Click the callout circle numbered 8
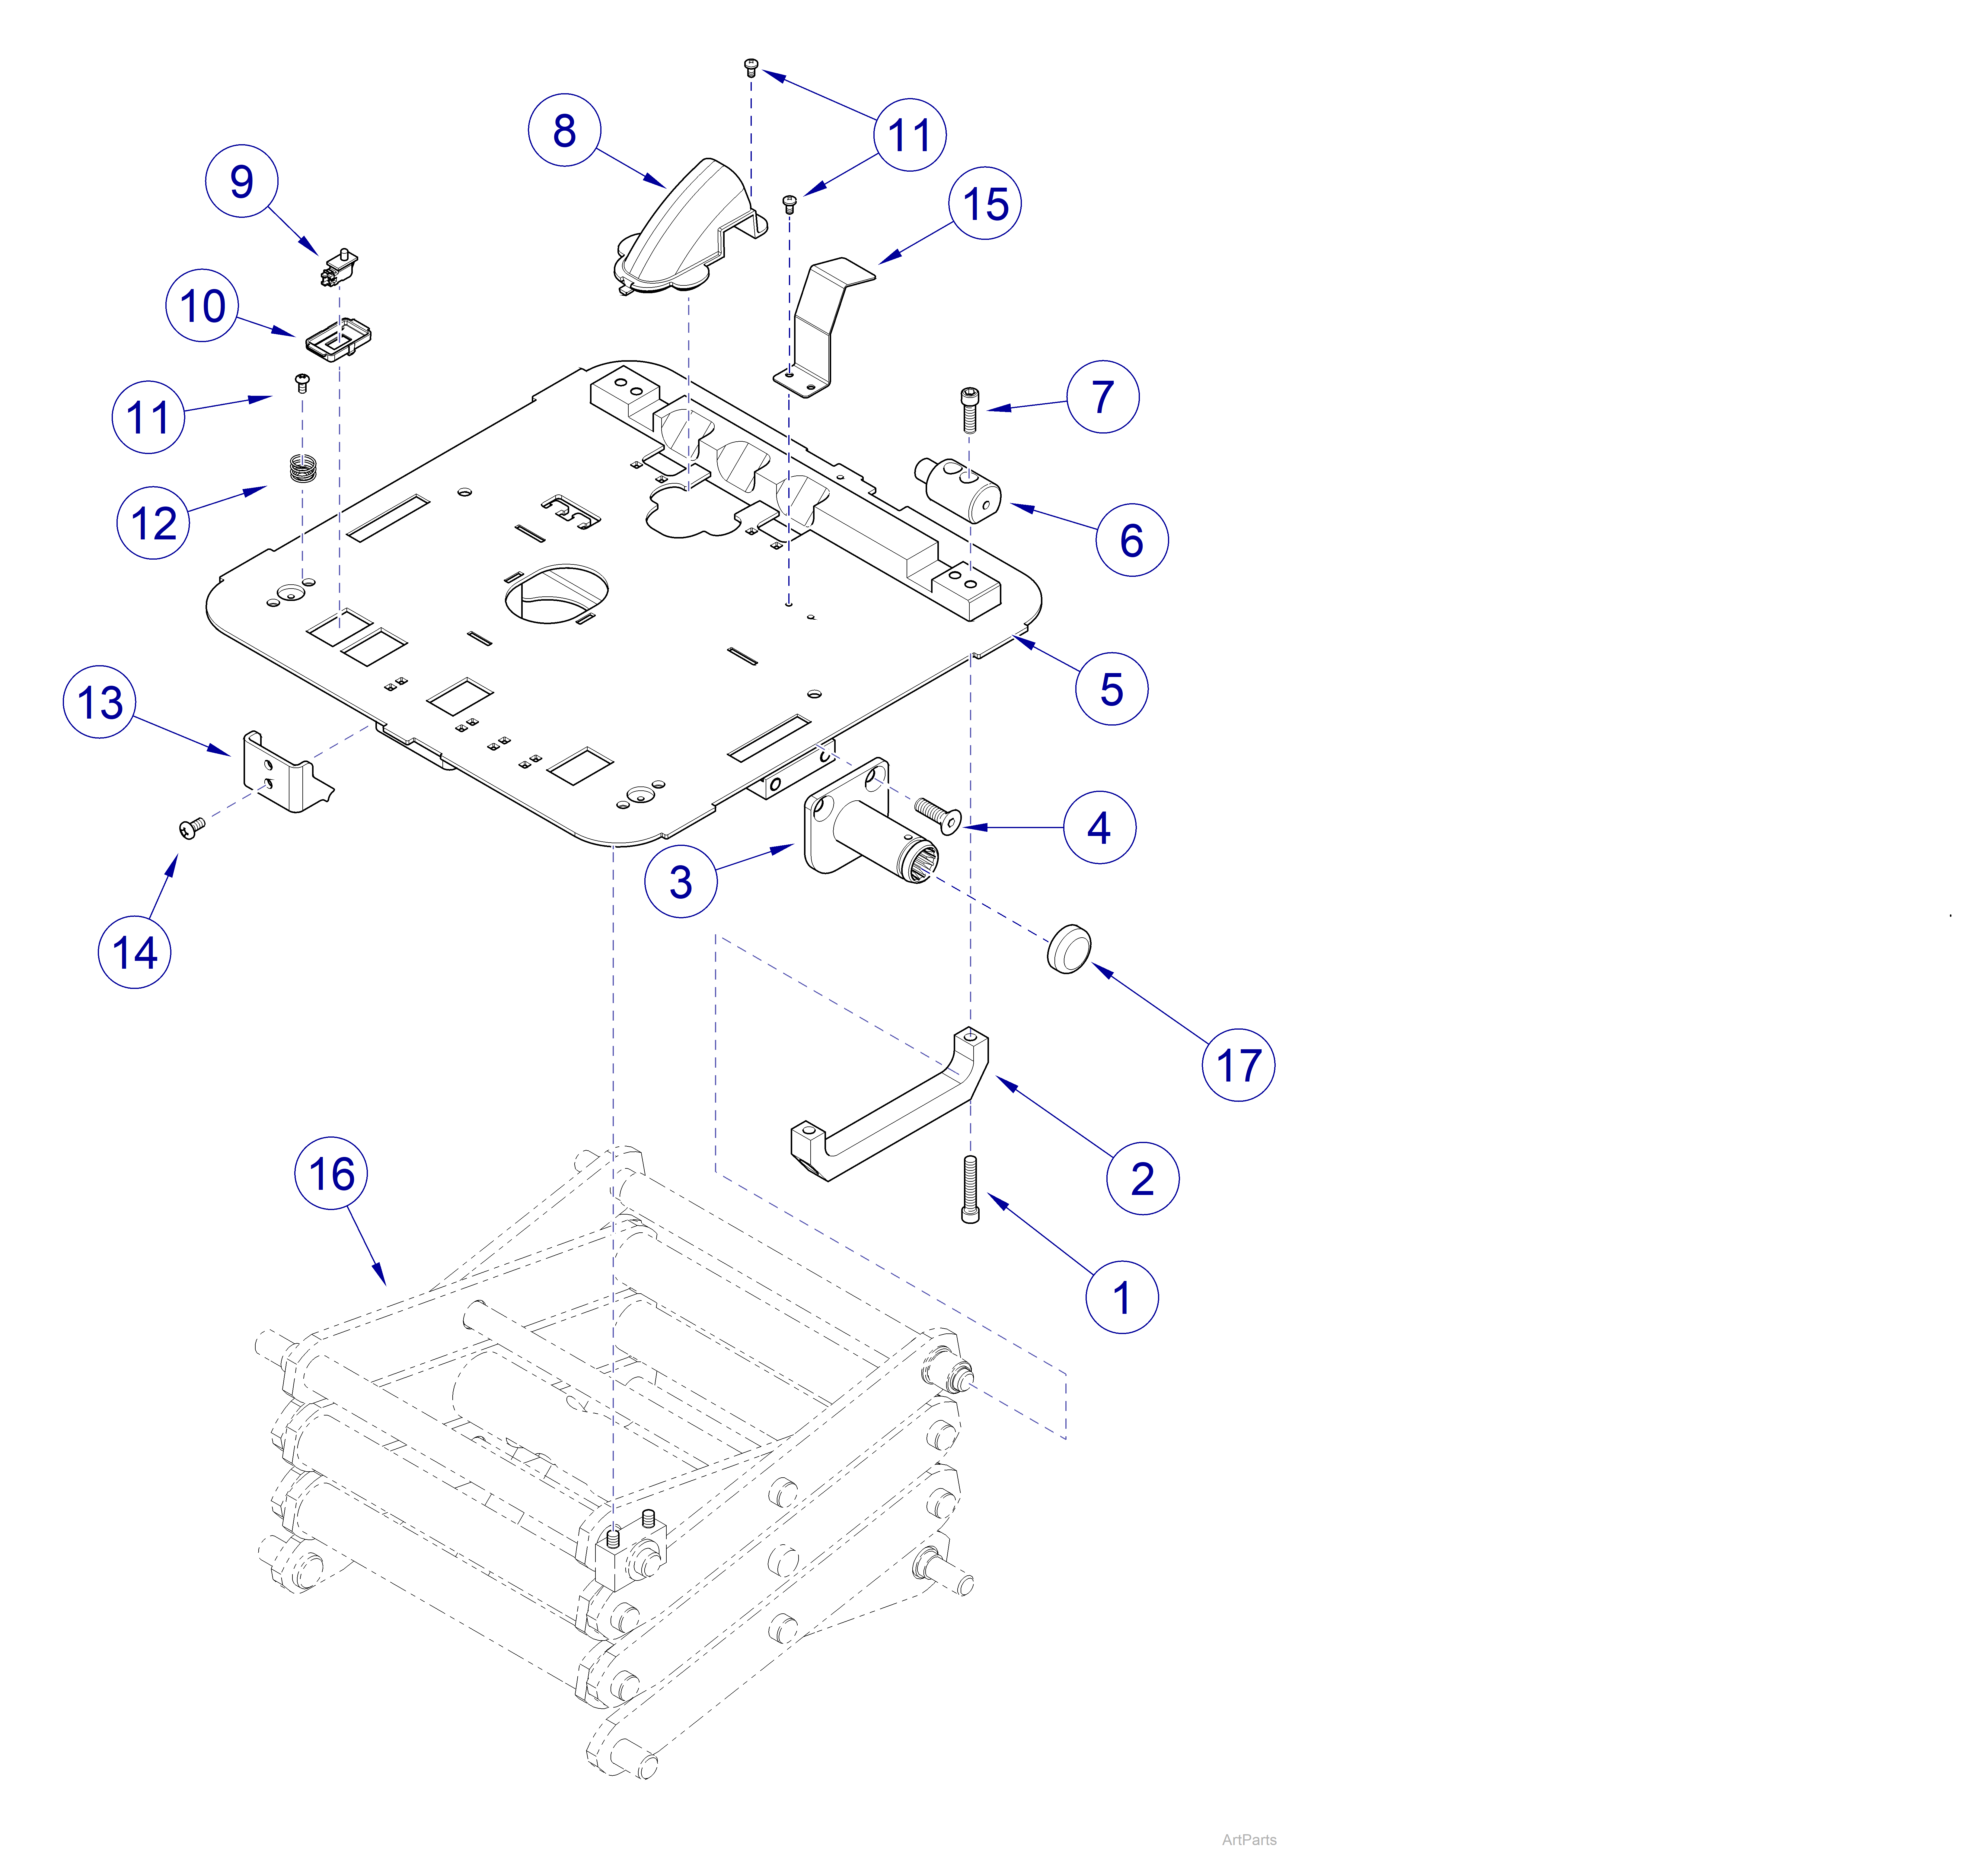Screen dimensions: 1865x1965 click(564, 130)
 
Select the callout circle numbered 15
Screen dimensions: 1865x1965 click(984, 204)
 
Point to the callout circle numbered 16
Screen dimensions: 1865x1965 click(331, 1173)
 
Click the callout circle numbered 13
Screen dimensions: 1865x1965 click(100, 702)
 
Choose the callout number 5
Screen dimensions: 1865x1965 click(1111, 689)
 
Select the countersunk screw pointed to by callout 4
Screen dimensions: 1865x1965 click(937, 815)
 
